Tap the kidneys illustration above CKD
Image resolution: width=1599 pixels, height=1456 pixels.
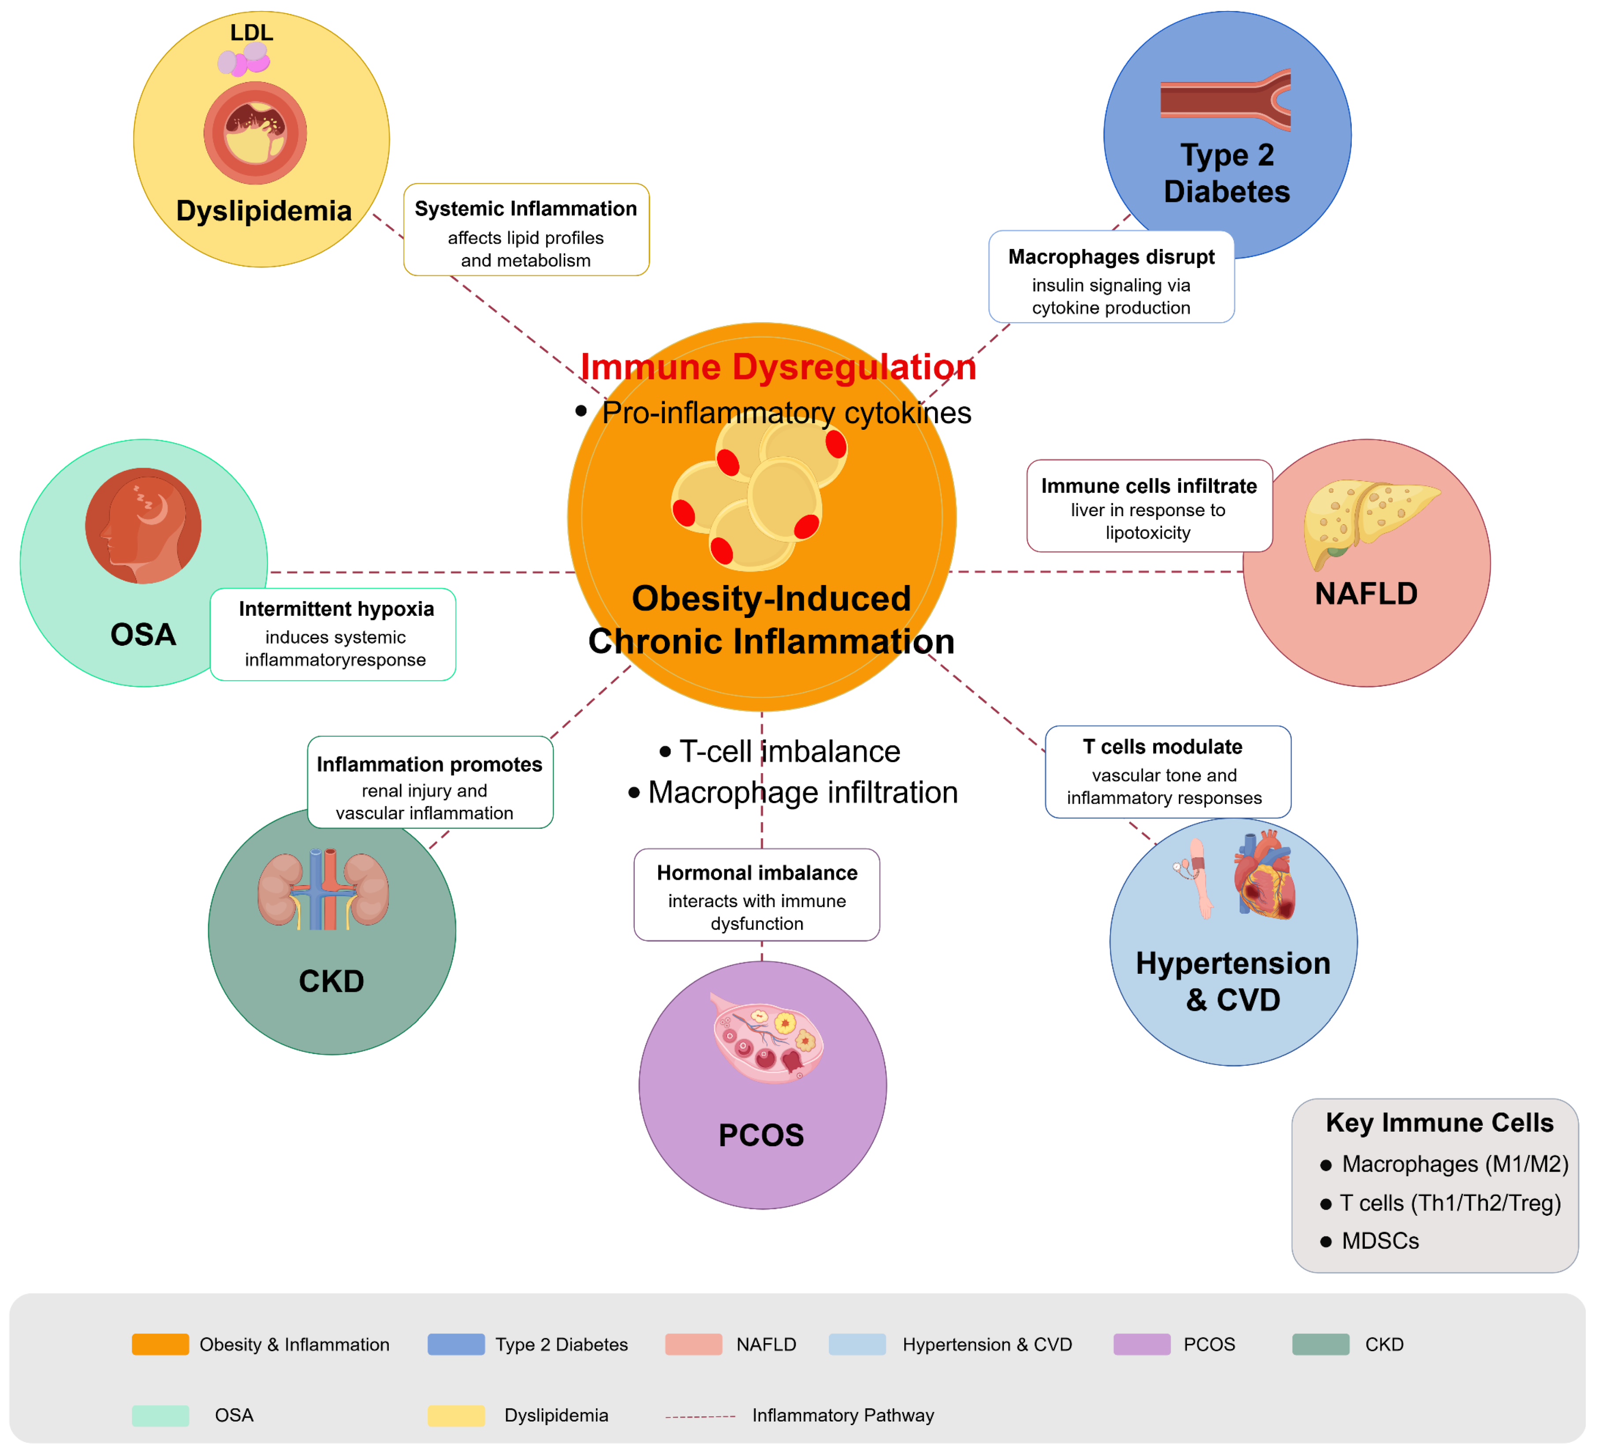tap(324, 889)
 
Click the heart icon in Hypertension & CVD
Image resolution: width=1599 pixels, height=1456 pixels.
tap(1265, 876)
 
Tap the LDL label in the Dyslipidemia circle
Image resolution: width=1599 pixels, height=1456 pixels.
tap(251, 33)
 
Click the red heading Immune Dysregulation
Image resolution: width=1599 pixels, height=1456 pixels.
tap(778, 367)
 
